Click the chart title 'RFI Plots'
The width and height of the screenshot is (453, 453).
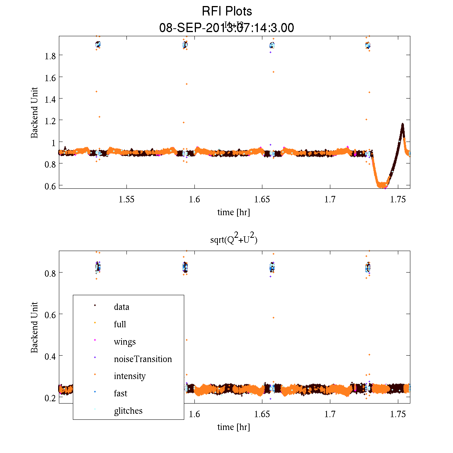click(x=226, y=11)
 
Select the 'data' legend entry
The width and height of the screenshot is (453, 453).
click(x=121, y=307)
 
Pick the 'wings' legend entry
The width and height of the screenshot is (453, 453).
click(x=124, y=342)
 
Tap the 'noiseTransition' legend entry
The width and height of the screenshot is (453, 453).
click(x=142, y=359)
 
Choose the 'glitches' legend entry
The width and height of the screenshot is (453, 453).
click(x=128, y=411)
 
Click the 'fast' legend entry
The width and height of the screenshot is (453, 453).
click(x=120, y=393)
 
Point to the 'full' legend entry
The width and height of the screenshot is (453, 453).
click(x=120, y=324)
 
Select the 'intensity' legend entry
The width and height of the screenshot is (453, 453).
click(x=129, y=376)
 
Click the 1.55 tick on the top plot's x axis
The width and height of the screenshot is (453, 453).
click(x=127, y=199)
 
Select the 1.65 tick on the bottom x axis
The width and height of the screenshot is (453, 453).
click(x=262, y=414)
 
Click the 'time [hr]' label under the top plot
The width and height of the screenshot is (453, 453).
click(x=233, y=212)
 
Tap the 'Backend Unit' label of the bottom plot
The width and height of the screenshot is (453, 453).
click(x=34, y=327)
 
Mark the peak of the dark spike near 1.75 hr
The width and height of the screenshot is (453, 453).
click(x=403, y=124)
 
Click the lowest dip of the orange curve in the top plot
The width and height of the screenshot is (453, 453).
click(x=382, y=185)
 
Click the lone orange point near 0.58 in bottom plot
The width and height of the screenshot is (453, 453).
click(x=273, y=317)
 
